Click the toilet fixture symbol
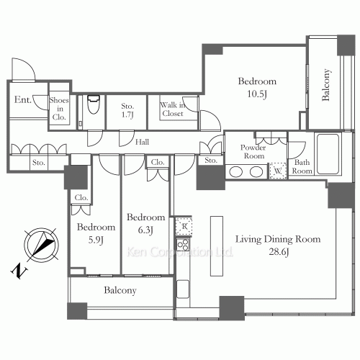coord(94,104)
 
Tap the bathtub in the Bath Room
coord(328,153)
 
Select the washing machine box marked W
coord(278,171)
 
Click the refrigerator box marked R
coord(184,226)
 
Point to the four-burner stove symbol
coord(183,245)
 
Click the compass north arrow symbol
coord(42,246)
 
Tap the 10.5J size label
coord(257,94)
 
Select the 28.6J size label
coord(279,252)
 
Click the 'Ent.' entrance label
coord(23,99)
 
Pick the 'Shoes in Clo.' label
coord(59,109)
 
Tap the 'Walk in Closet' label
coord(173,109)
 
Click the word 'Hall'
coord(142,142)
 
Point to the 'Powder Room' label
coord(253,152)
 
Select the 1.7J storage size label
coord(127,114)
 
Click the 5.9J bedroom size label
coord(96,240)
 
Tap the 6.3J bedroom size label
coord(145,230)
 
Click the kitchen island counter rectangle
coord(217,246)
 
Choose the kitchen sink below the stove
coord(183,289)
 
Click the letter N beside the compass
coord(19,271)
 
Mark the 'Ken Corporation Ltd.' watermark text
coord(179,252)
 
